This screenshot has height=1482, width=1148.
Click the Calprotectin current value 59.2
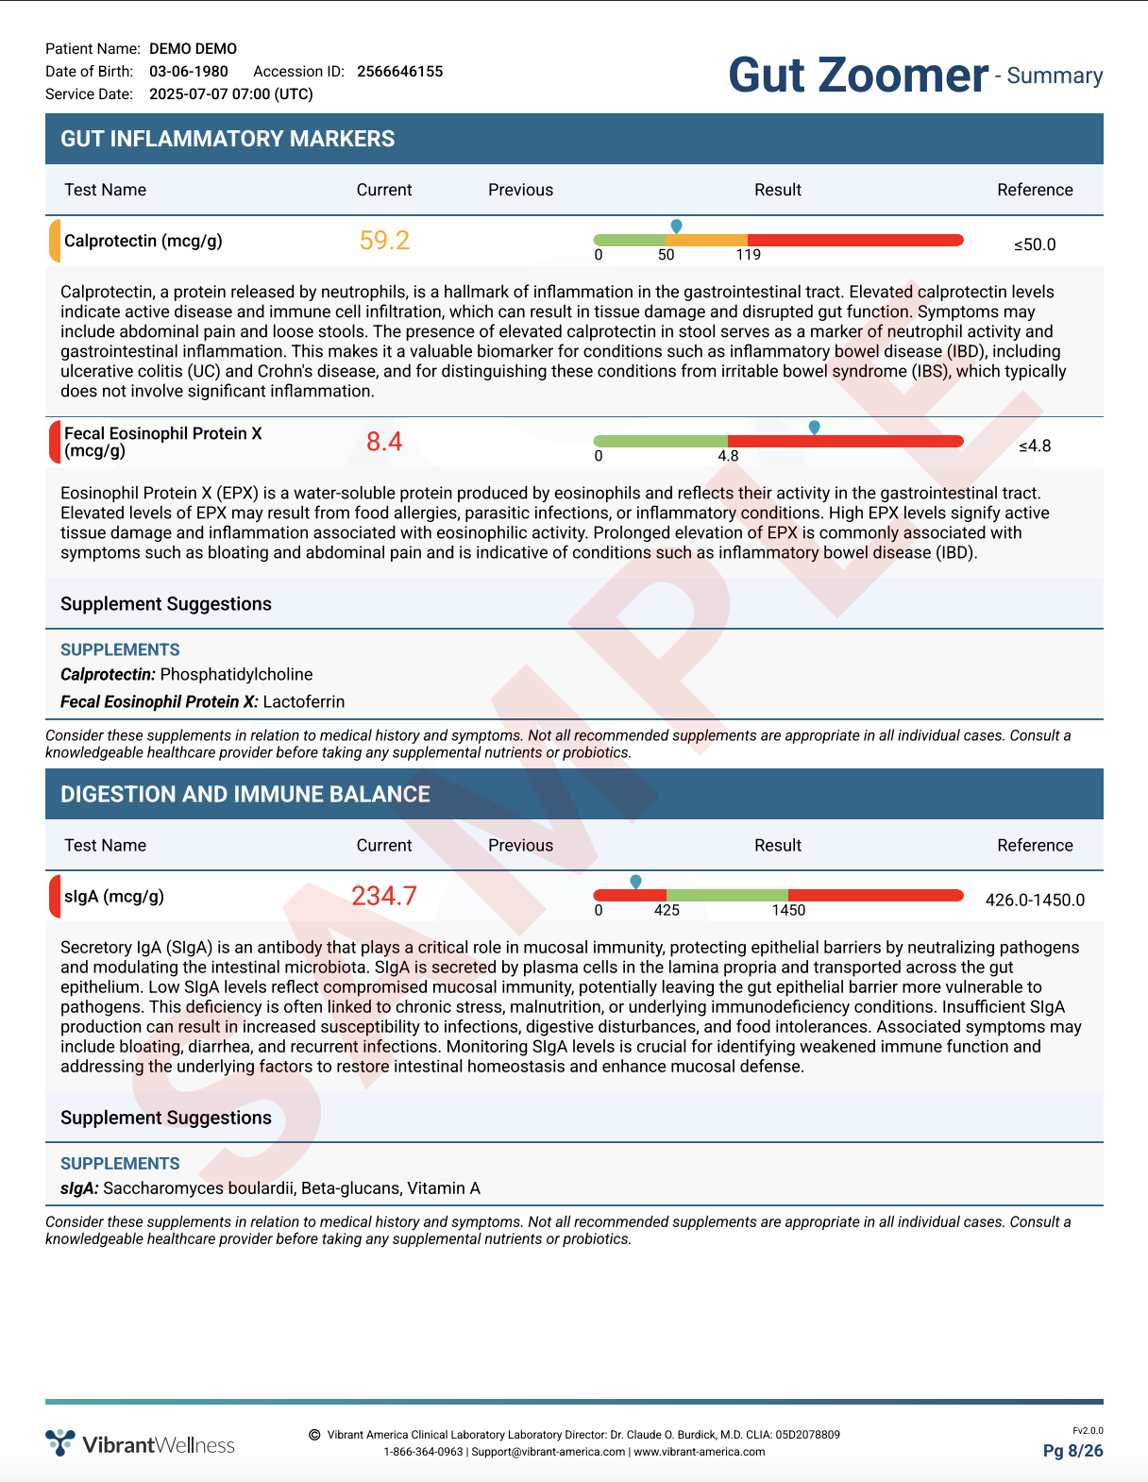click(x=384, y=241)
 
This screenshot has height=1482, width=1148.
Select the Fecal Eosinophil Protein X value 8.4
click(x=384, y=442)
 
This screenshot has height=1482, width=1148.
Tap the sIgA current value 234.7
click(x=384, y=896)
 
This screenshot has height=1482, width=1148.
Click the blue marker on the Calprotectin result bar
click(x=676, y=226)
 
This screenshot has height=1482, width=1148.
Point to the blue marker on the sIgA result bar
click(x=635, y=881)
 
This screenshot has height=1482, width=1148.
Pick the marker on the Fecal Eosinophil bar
click(x=815, y=428)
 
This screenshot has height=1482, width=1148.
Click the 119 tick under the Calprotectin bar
click(x=749, y=255)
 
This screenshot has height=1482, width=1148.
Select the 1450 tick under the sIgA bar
click(x=788, y=910)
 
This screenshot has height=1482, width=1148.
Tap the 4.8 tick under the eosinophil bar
click(x=728, y=456)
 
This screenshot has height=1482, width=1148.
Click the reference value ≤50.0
click(x=1035, y=244)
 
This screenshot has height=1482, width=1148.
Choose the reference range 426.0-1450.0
click(x=1035, y=900)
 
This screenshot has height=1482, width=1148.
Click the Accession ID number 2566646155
click(x=399, y=72)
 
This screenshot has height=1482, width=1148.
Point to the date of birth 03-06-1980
click(x=189, y=72)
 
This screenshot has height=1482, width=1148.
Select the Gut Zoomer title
click(x=858, y=76)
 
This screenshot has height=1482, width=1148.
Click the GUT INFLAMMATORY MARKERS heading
click(x=228, y=139)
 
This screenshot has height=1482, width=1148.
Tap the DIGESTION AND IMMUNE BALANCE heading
click(x=245, y=794)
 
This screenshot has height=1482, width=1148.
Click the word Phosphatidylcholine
click(x=236, y=674)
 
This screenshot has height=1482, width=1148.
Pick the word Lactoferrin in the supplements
click(x=304, y=701)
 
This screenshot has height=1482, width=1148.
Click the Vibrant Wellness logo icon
click(x=60, y=1442)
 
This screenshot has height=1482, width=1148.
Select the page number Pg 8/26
click(x=1072, y=1451)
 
